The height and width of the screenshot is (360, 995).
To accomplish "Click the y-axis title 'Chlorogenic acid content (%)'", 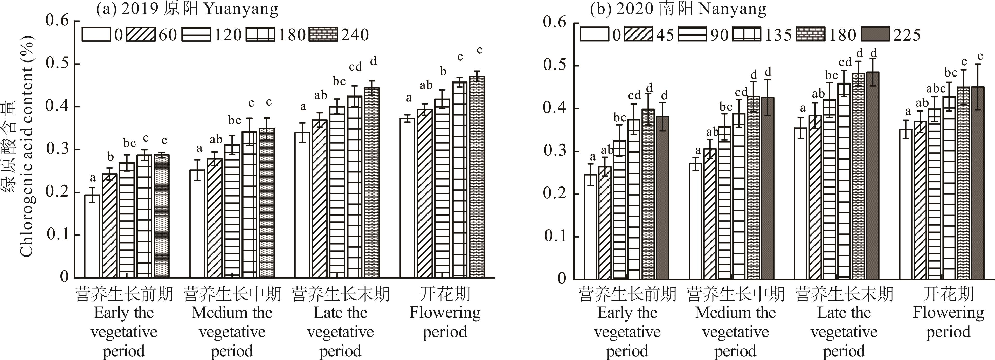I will click(26, 147).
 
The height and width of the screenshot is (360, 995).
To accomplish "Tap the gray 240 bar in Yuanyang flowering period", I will click(477, 177).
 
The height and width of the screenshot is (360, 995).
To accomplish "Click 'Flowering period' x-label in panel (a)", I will click(445, 322).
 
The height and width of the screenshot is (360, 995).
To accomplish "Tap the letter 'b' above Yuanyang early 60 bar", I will click(110, 157).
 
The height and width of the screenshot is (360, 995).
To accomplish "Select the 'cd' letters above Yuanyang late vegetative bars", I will click(355, 67).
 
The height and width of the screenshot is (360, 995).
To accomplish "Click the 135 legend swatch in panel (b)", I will click(747, 34).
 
